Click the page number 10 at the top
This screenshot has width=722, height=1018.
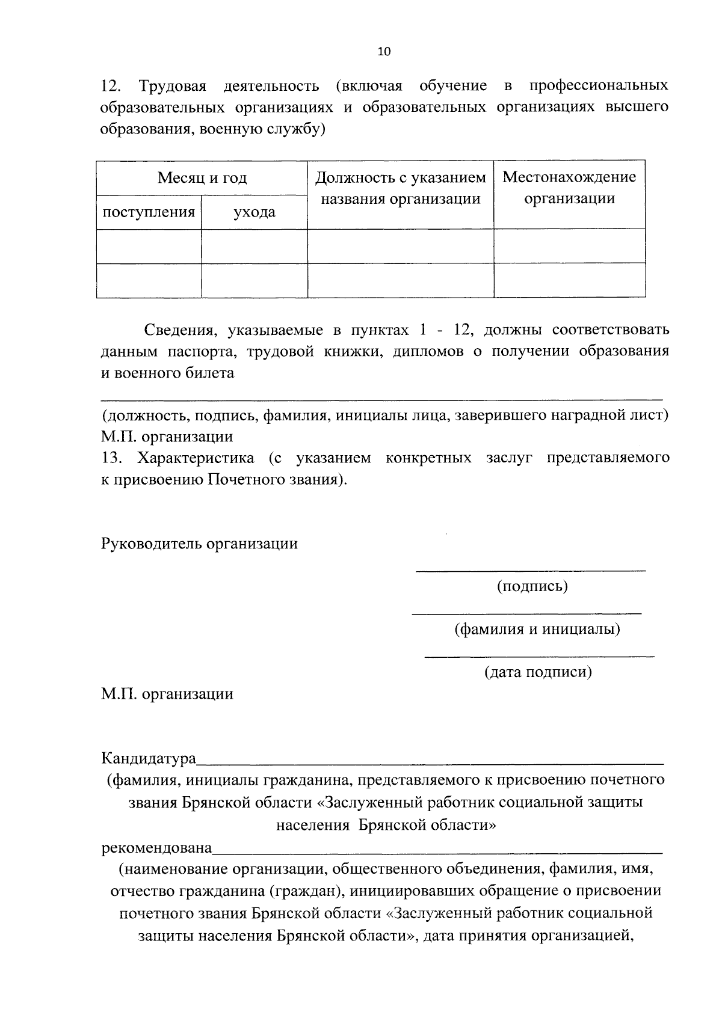click(384, 52)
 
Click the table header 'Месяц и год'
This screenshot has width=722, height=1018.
click(202, 178)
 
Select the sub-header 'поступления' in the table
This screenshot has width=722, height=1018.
click(149, 212)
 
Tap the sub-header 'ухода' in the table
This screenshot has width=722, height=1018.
click(254, 212)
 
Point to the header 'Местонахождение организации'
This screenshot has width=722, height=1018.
click(569, 188)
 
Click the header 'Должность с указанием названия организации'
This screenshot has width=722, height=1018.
click(400, 188)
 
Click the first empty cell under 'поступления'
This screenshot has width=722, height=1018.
click(149, 247)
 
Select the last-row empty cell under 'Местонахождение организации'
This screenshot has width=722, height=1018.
click(569, 281)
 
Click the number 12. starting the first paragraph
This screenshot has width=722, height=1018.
click(112, 86)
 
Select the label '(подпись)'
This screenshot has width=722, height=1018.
click(532, 586)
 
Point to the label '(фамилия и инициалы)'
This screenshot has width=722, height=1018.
click(537, 630)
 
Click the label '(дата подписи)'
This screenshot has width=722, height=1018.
click(538, 672)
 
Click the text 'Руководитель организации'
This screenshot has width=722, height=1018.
click(199, 544)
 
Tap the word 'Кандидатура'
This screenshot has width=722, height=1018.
click(149, 758)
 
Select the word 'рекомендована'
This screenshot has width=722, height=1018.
click(156, 848)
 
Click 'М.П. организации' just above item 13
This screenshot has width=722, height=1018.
click(167, 437)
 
